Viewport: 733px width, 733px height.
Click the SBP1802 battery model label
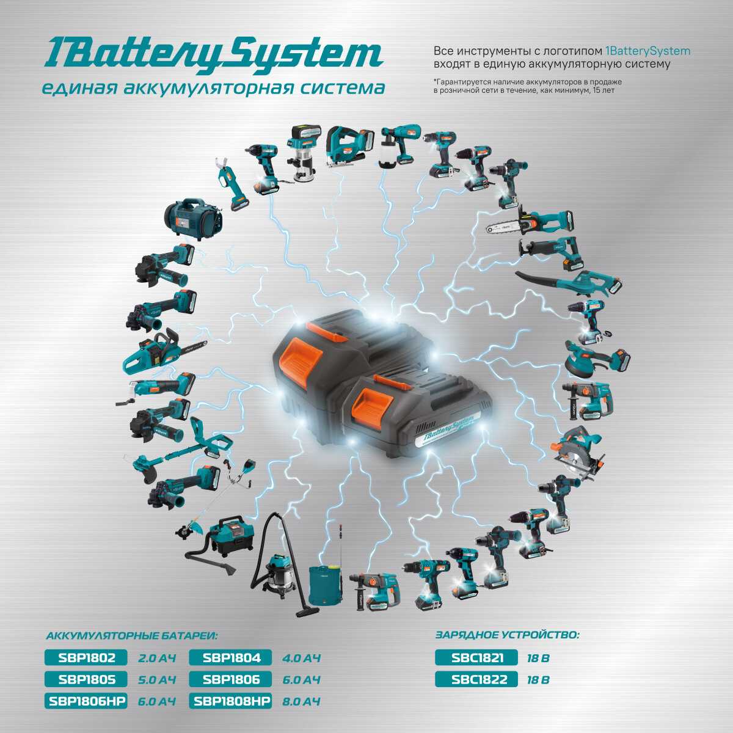pos(86,658)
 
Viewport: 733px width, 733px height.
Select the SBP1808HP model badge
pos(232,701)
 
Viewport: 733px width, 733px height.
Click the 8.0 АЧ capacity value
pos(302,701)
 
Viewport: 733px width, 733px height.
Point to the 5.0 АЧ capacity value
pos(157,680)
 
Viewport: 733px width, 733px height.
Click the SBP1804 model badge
pos(232,658)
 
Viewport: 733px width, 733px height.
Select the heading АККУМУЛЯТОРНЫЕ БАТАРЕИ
pos(131,636)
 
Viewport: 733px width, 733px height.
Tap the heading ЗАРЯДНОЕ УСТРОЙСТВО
pos(507,635)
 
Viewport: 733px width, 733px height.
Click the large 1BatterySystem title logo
pos(213,54)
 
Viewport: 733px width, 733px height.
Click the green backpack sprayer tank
pos(325,581)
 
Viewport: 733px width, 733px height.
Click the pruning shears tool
pos(231,186)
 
